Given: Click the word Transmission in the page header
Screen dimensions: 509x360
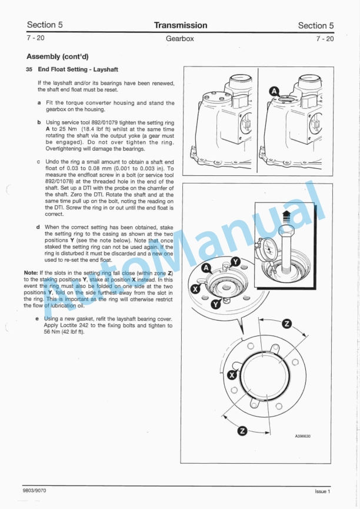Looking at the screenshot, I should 180,25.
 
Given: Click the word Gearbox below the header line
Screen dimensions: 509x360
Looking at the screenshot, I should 180,39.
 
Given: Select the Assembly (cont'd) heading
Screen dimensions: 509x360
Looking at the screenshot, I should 58,57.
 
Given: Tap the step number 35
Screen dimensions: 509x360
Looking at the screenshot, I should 29,69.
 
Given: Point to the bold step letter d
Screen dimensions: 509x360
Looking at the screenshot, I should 38,227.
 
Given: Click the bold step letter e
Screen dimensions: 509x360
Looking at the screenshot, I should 38,318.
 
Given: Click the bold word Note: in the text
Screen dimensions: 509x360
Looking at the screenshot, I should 31,273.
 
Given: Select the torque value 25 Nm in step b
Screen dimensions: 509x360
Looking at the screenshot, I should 61,129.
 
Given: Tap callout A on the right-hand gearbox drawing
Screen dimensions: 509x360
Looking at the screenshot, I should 274,91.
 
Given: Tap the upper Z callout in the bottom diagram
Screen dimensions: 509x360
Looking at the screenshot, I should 286,324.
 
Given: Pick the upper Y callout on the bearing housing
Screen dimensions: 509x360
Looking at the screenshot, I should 235,262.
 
